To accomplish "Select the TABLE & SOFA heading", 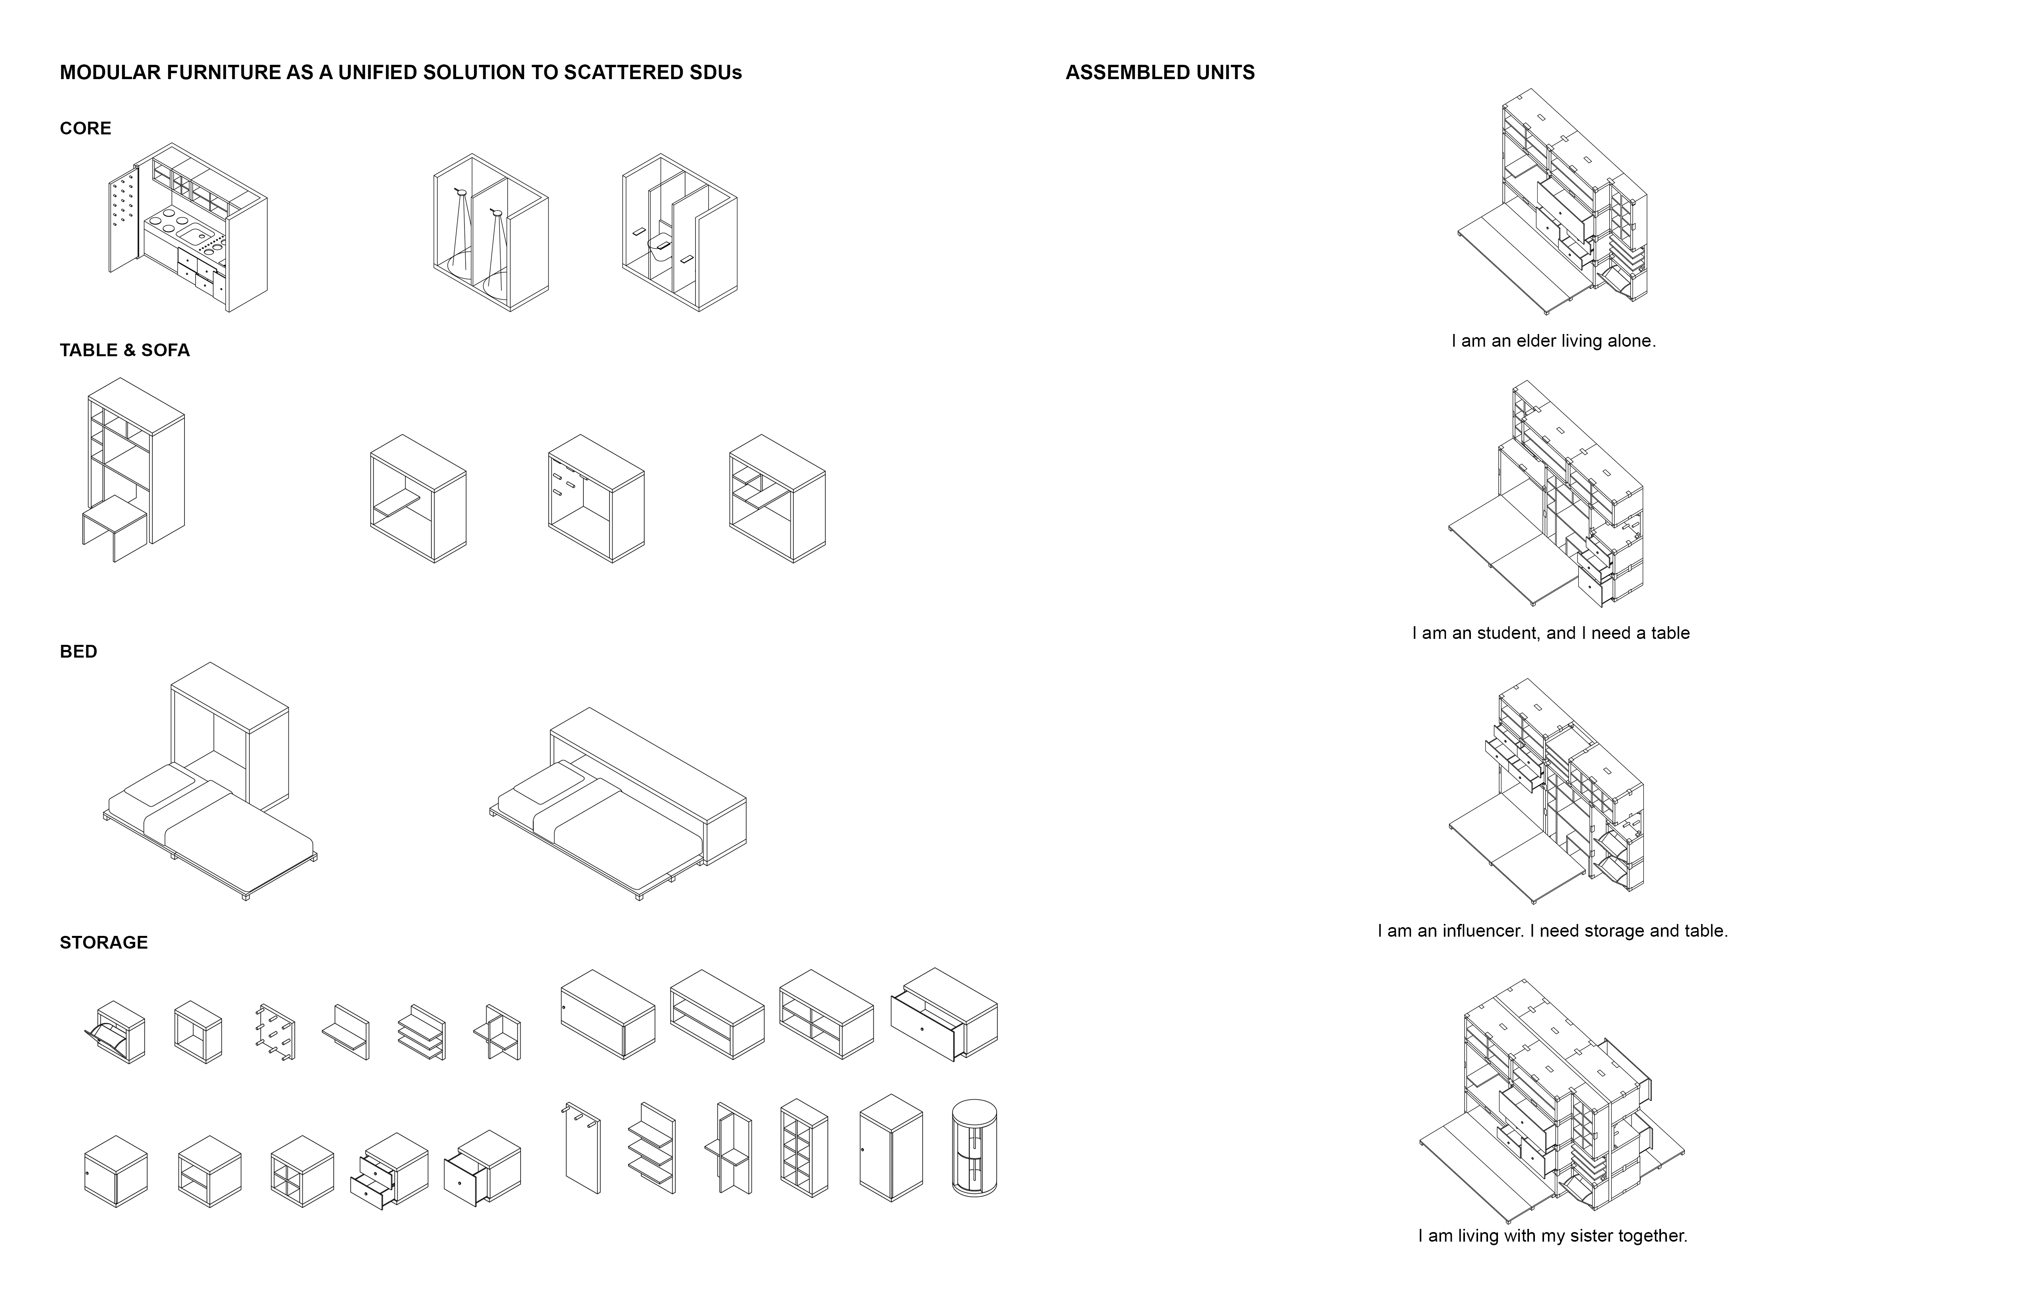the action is pos(124,350).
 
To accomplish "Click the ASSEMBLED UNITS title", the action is pos(1160,72).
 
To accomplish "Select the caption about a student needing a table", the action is pos(1551,633).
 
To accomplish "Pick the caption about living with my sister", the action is pos(1552,1235).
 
